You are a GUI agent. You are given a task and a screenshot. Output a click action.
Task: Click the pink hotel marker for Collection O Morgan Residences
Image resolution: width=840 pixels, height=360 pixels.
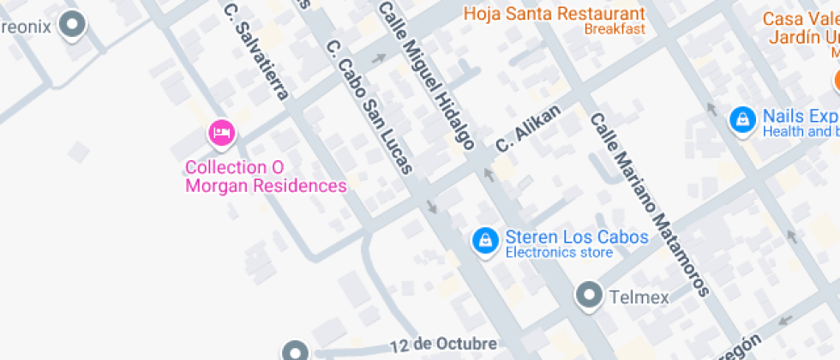coord(222,133)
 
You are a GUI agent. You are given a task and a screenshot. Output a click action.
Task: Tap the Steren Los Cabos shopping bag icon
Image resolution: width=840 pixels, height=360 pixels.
coord(485,241)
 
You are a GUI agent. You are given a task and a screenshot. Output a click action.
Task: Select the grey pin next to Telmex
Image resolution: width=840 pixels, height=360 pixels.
coord(589,296)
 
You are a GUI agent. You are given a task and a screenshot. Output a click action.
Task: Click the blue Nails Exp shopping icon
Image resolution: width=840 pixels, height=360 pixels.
coord(741,119)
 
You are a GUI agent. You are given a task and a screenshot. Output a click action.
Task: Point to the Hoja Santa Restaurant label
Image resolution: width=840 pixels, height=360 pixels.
coord(554,14)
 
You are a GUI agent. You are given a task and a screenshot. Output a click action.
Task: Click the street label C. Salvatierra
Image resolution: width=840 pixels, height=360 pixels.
coord(256,51)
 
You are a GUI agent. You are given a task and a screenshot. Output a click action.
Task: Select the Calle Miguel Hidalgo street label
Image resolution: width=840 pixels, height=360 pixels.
coord(426,75)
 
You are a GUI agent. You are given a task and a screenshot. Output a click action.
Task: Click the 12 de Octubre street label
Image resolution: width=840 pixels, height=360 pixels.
coord(443,344)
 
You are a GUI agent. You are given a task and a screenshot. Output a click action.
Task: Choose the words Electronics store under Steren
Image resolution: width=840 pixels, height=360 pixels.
coord(558,253)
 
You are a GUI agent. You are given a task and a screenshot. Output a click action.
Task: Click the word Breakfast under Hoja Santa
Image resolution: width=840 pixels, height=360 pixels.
coord(615,29)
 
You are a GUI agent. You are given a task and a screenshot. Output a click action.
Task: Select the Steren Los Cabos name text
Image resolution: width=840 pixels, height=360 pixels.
coord(576,237)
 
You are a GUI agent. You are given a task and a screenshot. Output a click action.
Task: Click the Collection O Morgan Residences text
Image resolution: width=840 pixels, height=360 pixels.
coord(267,177)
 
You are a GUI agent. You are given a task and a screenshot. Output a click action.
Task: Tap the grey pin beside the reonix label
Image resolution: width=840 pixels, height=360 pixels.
coord(75,25)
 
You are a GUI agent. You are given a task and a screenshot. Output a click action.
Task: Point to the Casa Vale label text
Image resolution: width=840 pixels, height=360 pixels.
coord(800,19)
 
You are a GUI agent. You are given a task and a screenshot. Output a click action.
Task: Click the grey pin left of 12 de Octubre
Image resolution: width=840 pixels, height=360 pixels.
coord(296,351)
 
